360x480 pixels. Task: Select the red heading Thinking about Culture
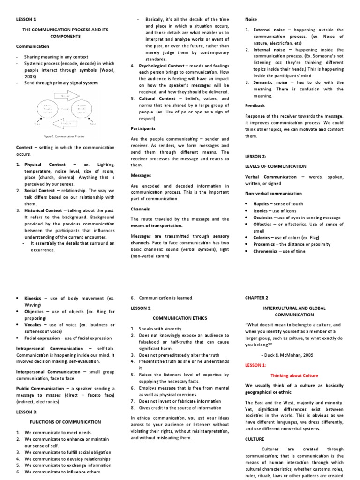[x=294, y=375]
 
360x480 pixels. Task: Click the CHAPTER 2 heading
[x=256, y=298]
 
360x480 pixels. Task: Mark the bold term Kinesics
[x=33, y=298]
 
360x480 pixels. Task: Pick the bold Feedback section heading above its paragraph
[x=255, y=106]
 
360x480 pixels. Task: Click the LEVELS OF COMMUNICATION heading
[x=276, y=166]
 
